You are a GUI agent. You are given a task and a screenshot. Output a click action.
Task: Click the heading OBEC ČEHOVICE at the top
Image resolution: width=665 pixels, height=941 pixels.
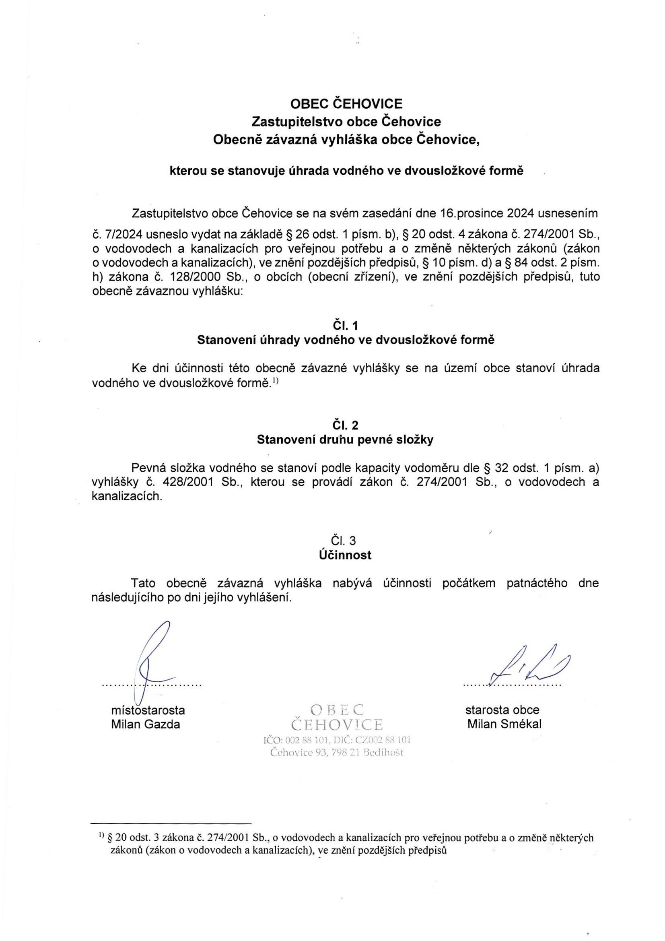pyautogui.click(x=346, y=104)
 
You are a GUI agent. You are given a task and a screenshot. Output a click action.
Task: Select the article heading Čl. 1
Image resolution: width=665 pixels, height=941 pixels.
pyautogui.click(x=346, y=326)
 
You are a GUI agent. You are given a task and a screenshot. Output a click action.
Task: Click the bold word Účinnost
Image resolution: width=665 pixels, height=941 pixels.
pyautogui.click(x=346, y=556)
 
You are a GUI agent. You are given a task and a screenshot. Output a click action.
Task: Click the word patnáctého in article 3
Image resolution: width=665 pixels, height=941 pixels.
pyautogui.click(x=537, y=583)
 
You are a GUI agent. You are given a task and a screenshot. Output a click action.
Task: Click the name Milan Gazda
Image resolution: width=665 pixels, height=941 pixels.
pyautogui.click(x=146, y=724)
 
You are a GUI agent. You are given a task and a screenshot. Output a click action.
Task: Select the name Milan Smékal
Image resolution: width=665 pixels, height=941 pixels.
pyautogui.click(x=504, y=724)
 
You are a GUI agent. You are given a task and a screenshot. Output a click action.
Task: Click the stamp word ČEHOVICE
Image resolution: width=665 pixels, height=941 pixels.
pyautogui.click(x=337, y=725)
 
